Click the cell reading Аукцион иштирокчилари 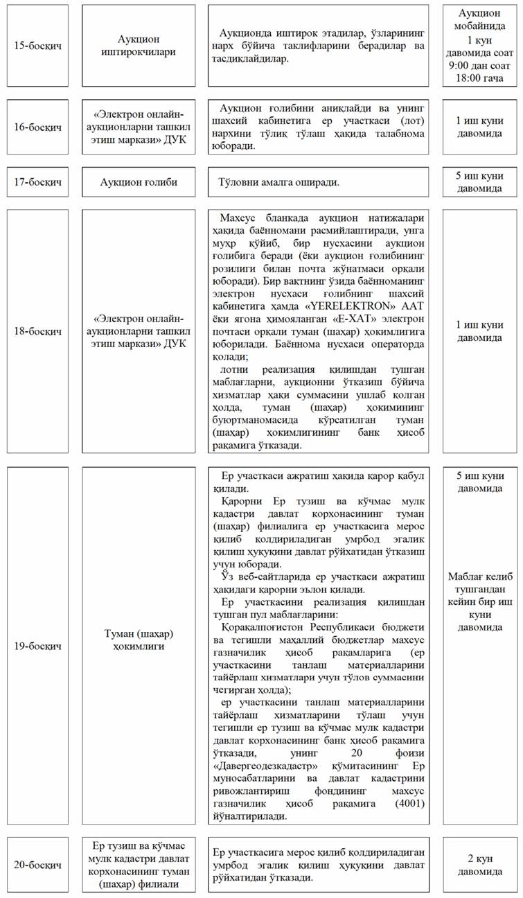(x=145, y=46)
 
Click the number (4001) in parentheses (x=412, y=803)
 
